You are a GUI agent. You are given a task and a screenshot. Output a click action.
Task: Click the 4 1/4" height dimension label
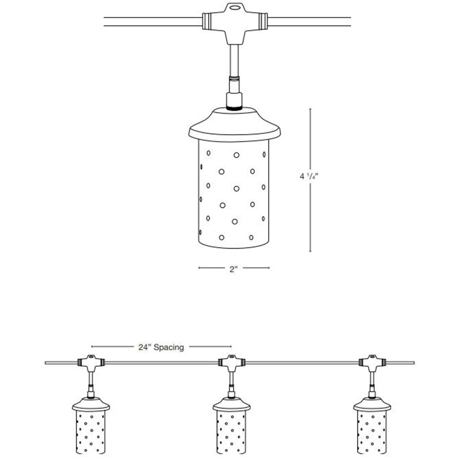click(308, 176)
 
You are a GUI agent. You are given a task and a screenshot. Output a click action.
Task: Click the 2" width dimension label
click(233, 269)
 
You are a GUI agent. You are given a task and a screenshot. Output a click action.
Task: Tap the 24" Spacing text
click(161, 347)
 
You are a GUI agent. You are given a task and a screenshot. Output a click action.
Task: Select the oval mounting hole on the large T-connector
click(235, 7)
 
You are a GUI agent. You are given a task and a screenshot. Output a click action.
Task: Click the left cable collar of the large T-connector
click(206, 21)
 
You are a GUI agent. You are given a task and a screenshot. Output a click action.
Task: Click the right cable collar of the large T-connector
click(263, 21)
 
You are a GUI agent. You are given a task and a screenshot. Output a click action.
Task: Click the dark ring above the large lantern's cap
click(234, 107)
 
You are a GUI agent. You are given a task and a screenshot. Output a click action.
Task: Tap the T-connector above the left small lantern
click(90, 362)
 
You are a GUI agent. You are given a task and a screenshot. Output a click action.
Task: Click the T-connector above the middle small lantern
click(230, 362)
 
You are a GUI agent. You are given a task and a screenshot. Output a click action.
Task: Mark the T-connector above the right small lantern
click(370, 362)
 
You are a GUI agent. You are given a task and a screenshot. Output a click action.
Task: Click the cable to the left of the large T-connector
click(153, 22)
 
